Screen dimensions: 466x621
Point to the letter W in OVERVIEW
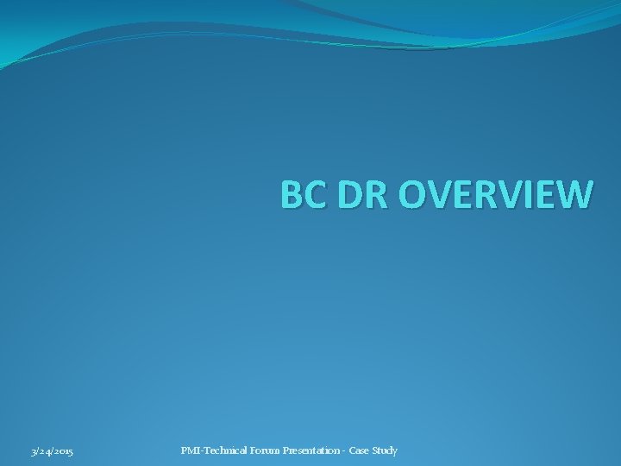coord(574,195)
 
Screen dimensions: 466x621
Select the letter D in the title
coord(344,195)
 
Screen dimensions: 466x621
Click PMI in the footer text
coord(189,450)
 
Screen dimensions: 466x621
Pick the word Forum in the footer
coord(261,450)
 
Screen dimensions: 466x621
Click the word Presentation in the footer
coord(309,450)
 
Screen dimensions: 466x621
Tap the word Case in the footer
coord(361,450)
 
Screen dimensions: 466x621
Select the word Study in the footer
coord(386,450)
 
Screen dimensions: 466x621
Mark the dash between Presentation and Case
coord(344,451)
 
